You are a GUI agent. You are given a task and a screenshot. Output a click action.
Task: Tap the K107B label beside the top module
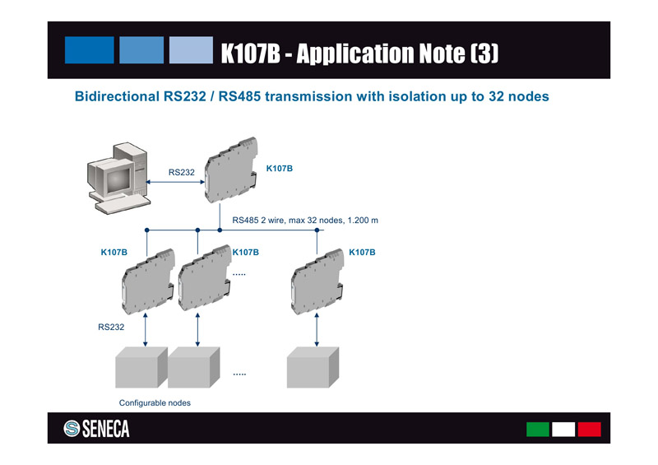(x=280, y=168)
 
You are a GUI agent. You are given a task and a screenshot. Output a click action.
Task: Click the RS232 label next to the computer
(x=181, y=172)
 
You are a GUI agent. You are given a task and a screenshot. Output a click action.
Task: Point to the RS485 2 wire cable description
(x=304, y=221)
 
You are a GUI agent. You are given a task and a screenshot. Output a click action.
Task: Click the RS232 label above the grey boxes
(x=111, y=327)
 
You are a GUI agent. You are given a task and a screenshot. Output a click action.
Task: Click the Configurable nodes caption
(x=155, y=402)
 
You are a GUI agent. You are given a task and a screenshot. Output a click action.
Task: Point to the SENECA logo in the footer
(x=96, y=429)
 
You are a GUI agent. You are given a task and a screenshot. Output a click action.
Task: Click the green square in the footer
(x=537, y=429)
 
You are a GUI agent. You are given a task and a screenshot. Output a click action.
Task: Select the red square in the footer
(x=589, y=429)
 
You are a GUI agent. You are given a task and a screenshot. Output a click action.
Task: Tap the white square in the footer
(x=563, y=429)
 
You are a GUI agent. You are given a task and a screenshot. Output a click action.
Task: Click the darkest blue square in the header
(x=89, y=49)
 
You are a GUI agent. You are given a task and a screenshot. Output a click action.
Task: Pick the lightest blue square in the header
(x=191, y=49)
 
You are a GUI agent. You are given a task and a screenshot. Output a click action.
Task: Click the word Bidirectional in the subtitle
(x=113, y=96)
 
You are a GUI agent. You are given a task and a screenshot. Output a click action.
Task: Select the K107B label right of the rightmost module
(x=362, y=251)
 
